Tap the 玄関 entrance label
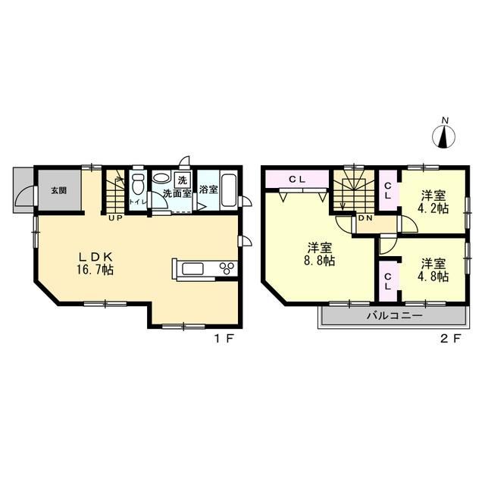pyautogui.click(x=59, y=190)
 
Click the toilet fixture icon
pyautogui.click(x=138, y=183)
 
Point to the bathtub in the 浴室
pyautogui.click(x=229, y=190)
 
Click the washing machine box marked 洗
pyautogui.click(x=183, y=180)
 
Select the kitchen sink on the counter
pyautogui.click(x=192, y=268)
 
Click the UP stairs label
pyautogui.click(x=115, y=217)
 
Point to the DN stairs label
pyautogui.click(x=365, y=217)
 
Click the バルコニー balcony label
pyautogui.click(x=395, y=315)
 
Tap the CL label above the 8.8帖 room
pyautogui.click(x=297, y=179)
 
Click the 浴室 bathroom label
pyautogui.click(x=208, y=189)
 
